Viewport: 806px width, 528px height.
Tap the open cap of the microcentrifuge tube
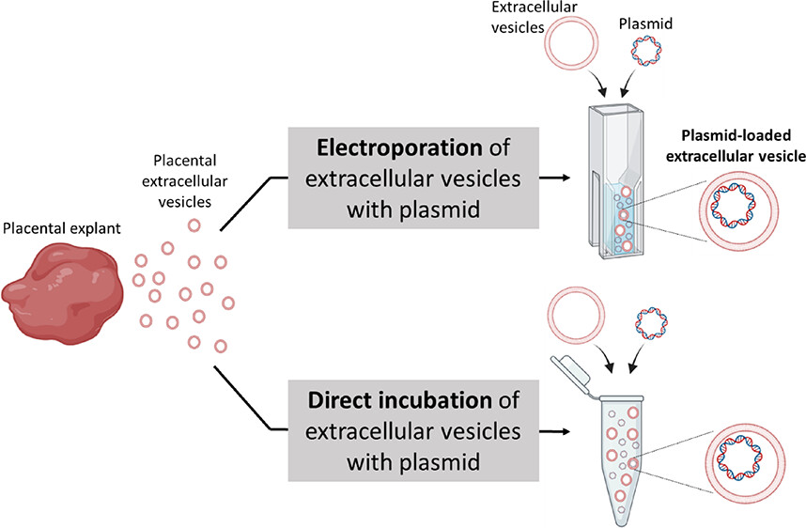pyautogui.click(x=576, y=376)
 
